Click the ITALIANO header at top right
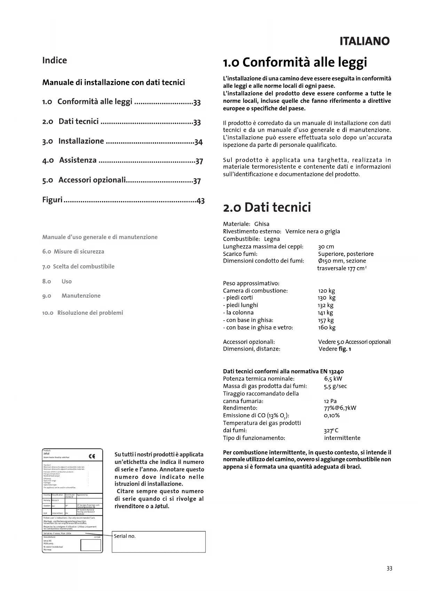point(364,41)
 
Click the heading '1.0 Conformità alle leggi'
point(295,63)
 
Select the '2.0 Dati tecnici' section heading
point(267,207)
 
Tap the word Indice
point(54,61)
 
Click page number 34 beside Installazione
point(198,142)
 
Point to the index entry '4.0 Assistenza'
point(70,160)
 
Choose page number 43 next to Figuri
point(201,201)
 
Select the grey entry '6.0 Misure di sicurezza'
point(73,251)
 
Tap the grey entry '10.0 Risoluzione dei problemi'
point(83,313)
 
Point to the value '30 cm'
point(326,247)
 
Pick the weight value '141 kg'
point(325,313)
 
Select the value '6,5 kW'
point(333,379)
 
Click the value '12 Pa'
point(330,401)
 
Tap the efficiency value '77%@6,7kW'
point(340,408)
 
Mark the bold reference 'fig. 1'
point(345,349)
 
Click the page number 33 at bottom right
point(389,569)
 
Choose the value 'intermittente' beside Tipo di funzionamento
point(342,438)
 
